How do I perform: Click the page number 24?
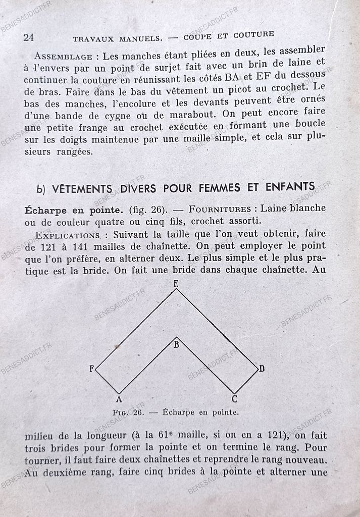click(28, 37)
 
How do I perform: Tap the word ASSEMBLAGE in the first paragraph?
click(63, 57)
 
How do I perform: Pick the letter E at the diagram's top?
click(176, 284)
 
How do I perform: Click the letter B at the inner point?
click(176, 345)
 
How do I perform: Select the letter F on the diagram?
click(91, 369)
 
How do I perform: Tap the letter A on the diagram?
click(119, 399)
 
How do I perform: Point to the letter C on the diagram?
click(235, 399)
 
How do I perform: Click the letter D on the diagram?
click(262, 369)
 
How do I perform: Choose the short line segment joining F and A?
click(107, 381)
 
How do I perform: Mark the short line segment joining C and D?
click(246, 381)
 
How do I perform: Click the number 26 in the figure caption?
click(138, 412)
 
